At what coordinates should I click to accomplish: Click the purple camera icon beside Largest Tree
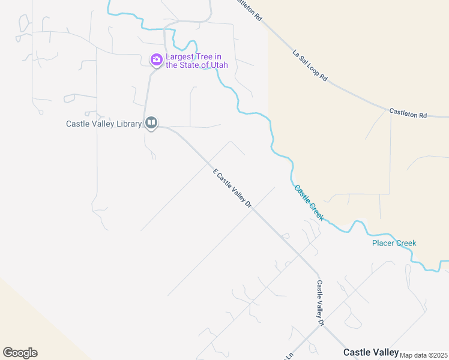pos(156,59)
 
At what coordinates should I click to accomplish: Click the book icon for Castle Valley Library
pos(151,124)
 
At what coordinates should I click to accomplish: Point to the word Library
pos(128,124)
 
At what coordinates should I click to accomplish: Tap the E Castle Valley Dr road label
pos(232,188)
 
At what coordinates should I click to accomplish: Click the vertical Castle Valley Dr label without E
pos(321,303)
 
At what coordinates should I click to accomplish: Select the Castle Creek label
pos(309,202)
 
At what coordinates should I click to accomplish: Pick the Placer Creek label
pos(394,243)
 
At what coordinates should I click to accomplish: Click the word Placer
pos(383,243)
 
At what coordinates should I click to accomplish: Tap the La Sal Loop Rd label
pos(310,65)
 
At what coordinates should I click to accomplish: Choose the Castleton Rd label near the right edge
pos(408,112)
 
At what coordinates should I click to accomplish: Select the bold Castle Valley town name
pos(371,352)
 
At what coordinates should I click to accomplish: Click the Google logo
pos(20,353)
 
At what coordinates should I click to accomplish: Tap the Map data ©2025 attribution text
pos(423,355)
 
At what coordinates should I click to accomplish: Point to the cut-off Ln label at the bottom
pos(288,355)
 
